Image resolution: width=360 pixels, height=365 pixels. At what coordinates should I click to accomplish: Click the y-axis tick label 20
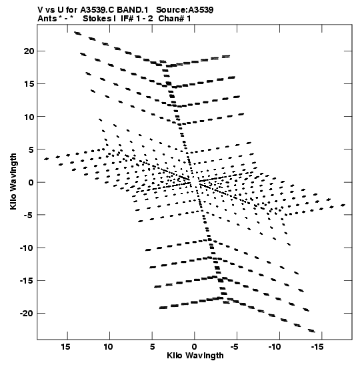point(29,51)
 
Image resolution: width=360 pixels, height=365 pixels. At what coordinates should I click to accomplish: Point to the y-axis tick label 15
point(29,84)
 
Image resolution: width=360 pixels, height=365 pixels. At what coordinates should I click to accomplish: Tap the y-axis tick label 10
point(29,117)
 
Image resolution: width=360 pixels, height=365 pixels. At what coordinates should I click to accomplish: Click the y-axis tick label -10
point(27,248)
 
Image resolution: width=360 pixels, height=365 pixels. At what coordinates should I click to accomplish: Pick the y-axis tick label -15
point(27,281)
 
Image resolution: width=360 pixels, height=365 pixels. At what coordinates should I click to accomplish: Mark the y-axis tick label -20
point(27,314)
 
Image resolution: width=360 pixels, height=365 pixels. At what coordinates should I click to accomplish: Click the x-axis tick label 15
point(66,347)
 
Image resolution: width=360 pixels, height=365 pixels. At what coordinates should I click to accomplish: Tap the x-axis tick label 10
point(109,347)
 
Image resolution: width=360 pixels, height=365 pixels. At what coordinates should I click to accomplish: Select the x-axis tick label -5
point(235,347)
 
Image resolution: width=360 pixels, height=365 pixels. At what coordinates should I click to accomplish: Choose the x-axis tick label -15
point(317,347)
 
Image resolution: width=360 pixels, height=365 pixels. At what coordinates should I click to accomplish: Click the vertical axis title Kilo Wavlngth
point(13,181)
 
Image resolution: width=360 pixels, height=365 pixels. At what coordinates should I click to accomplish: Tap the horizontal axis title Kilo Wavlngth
point(195,356)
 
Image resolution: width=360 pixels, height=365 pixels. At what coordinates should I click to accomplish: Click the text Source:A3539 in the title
point(185,10)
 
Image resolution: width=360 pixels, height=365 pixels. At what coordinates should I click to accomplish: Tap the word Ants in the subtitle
point(47,19)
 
